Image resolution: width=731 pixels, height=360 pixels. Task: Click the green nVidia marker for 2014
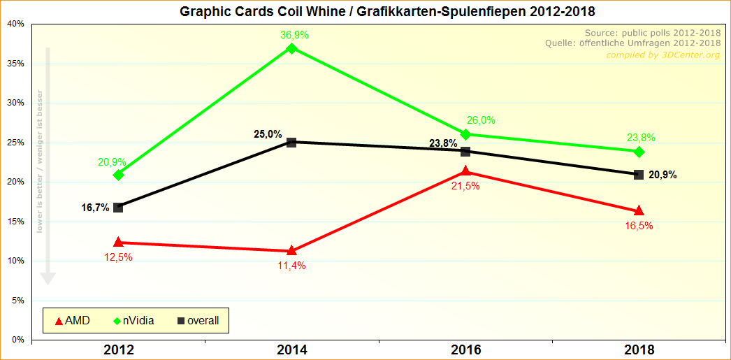292,48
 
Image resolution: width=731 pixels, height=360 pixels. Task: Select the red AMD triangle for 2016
466,171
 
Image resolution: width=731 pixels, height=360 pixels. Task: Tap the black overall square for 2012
118,208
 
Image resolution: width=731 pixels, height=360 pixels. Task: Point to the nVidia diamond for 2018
639,152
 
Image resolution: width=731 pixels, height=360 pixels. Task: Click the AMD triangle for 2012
118,242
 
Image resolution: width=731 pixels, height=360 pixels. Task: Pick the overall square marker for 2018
639,174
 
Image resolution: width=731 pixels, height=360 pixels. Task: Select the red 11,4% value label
291,265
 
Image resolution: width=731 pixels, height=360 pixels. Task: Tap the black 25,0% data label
268,134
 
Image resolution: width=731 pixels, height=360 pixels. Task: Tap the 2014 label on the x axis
292,350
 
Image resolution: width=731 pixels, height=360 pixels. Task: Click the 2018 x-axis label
639,350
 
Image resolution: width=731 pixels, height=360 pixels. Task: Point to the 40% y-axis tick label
15,24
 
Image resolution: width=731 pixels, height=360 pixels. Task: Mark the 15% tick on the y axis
15,222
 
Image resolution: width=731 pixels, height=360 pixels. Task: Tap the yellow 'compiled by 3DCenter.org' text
663,55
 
